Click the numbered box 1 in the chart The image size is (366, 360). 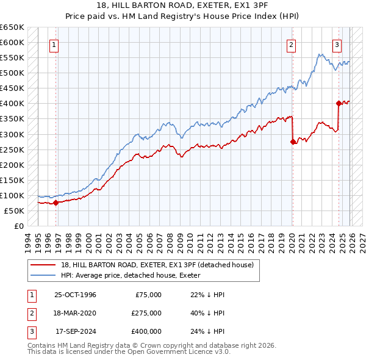[x=54, y=45]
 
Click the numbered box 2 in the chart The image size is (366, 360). [x=292, y=45]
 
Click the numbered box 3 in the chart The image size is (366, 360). [x=337, y=45]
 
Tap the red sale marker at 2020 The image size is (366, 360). [x=293, y=142]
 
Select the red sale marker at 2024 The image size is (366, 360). [x=339, y=103]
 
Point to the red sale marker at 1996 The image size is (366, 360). [x=56, y=203]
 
